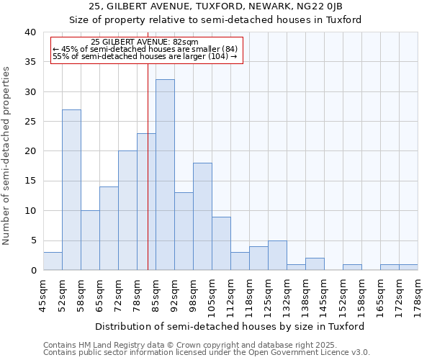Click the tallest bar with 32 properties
165,175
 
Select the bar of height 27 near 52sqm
71,190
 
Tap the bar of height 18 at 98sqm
202,217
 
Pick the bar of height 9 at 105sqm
221,243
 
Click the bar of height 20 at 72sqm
127,210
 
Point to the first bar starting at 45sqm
53,261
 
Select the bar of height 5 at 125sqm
277,256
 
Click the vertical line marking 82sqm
148,166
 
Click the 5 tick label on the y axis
34,240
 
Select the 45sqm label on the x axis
44,294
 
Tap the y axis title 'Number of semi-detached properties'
7,156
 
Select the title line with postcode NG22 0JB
216,6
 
